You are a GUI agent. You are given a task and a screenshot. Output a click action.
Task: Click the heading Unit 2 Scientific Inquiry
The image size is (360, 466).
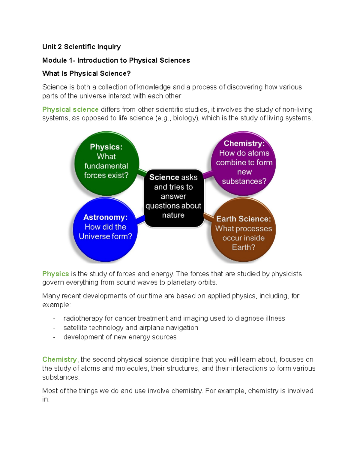[81, 47]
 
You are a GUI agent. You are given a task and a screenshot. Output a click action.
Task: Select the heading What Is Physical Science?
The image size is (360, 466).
[86, 74]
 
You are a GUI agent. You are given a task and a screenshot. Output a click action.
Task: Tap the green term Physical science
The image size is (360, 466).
[70, 110]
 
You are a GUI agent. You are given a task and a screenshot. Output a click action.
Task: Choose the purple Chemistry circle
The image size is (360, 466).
[244, 162]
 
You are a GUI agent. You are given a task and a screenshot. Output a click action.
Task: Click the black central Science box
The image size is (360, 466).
[173, 196]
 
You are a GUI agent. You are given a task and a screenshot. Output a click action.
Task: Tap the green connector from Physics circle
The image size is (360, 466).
[142, 172]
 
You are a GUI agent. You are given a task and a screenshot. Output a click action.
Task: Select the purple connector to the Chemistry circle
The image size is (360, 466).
[208, 174]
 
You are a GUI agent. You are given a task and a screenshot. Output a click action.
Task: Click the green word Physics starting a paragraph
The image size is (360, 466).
[55, 274]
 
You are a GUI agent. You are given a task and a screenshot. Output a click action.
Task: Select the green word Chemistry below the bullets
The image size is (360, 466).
[59, 359]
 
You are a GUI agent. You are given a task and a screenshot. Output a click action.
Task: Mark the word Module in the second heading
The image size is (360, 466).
[55, 60]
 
